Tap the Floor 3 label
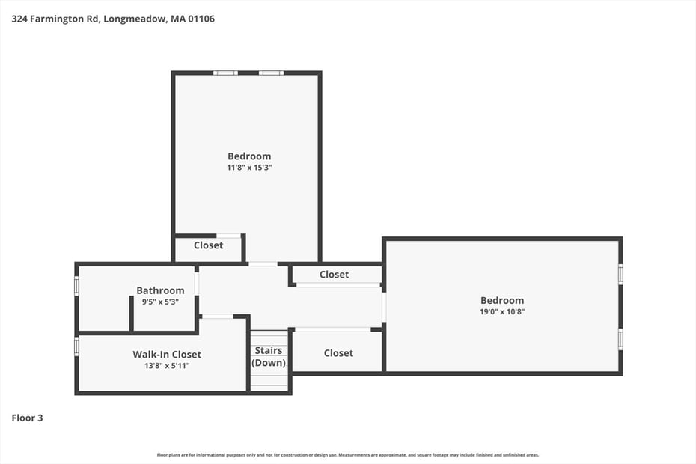28,418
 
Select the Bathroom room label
160,290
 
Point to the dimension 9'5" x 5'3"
160,302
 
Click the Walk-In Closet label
167,354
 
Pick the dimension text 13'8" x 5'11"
167,366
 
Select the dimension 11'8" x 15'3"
249,168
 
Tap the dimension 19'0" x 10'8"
502,312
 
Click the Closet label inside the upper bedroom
208,245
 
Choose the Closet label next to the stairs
338,352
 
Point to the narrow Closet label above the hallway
334,275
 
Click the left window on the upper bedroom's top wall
225,73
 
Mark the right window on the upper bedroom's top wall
271,73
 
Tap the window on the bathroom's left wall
76,286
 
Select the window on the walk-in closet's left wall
76,346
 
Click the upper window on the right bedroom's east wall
620,274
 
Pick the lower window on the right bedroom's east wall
620,339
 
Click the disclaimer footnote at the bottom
348,454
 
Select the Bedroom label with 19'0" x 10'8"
502,300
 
